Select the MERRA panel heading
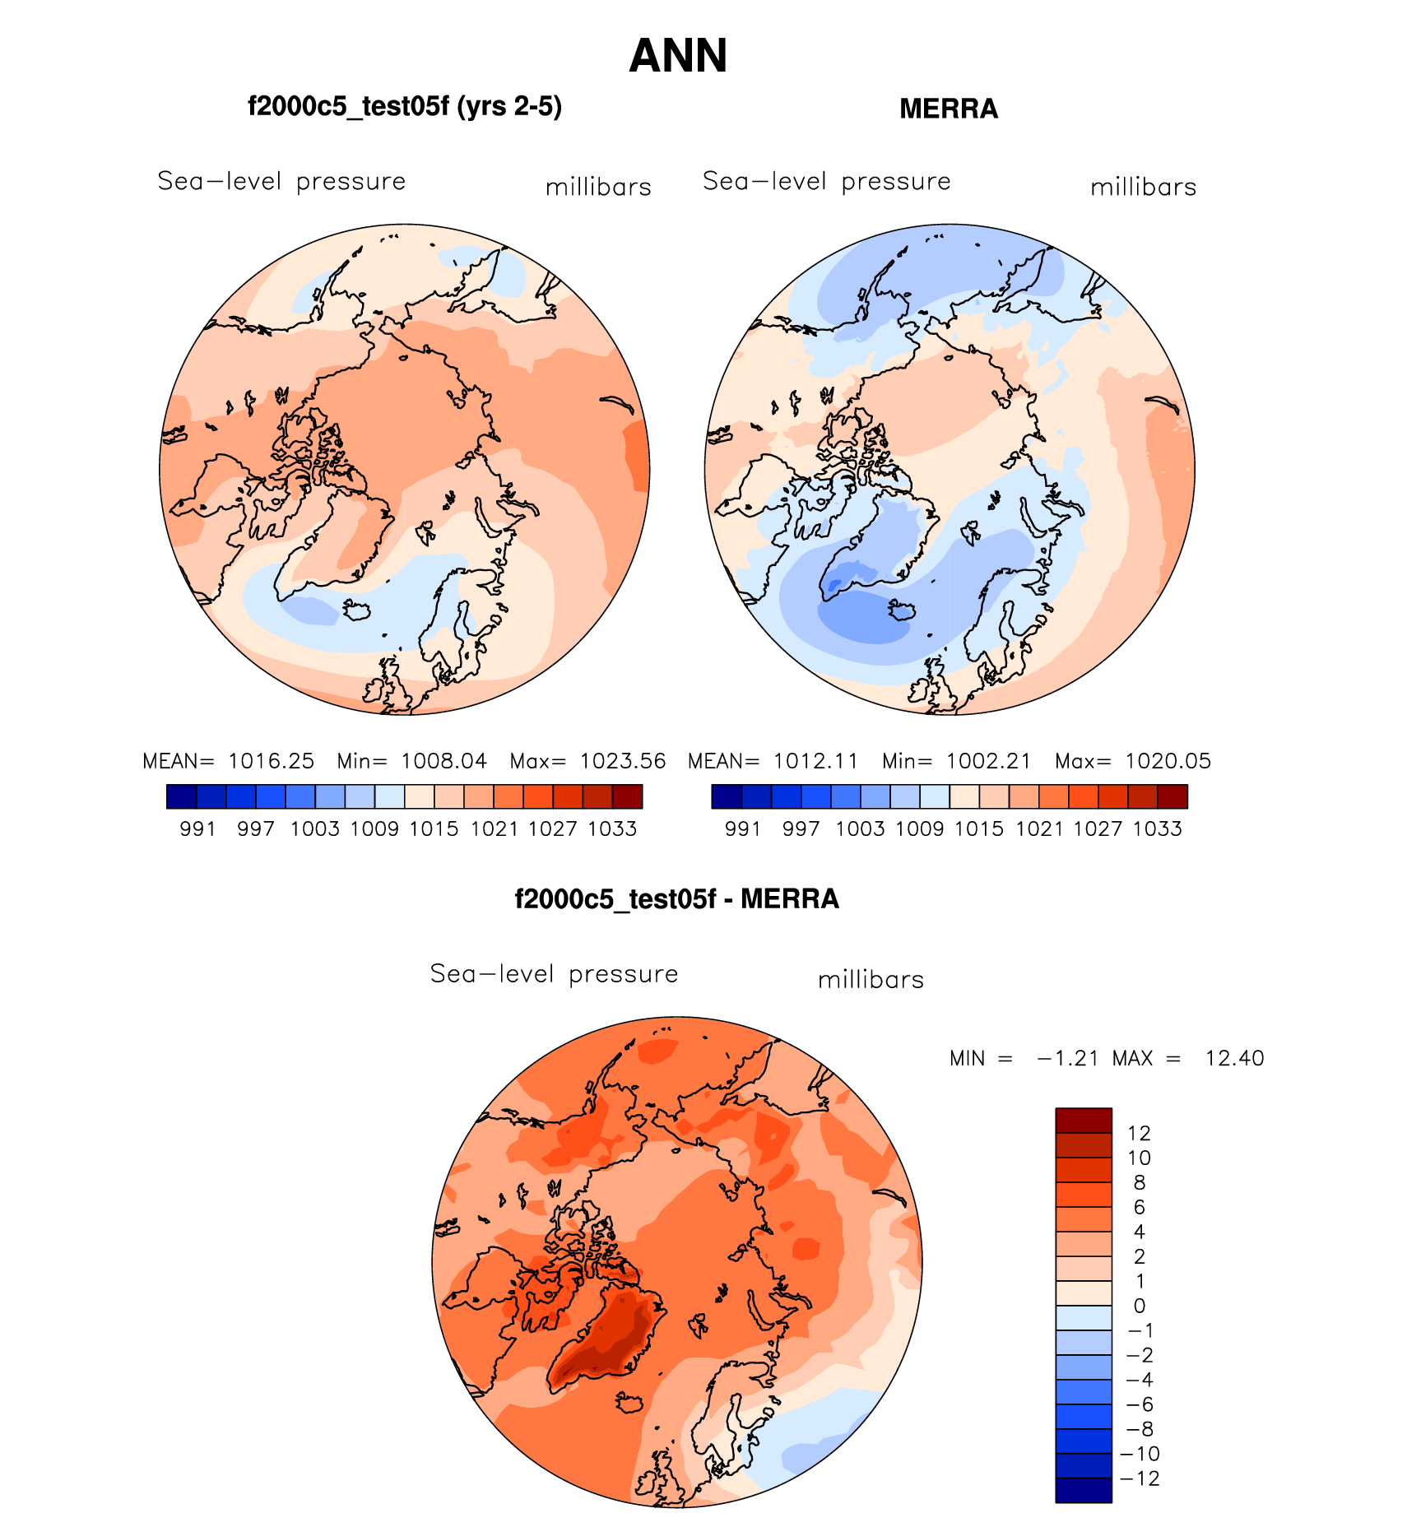point(948,109)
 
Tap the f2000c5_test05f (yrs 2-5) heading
point(404,107)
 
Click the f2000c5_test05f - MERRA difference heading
point(676,899)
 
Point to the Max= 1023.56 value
point(587,761)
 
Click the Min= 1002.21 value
point(956,761)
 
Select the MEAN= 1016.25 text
point(228,761)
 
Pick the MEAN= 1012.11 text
point(773,761)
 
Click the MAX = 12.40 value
point(1188,1058)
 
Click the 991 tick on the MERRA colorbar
point(742,828)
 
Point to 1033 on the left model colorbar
point(612,828)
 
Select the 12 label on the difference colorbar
point(1139,1133)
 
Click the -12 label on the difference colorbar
point(1140,1478)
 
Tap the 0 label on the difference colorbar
point(1139,1306)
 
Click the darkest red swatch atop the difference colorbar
point(1084,1120)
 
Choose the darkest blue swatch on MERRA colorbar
point(727,796)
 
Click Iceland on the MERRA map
point(902,610)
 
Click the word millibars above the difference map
point(871,980)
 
